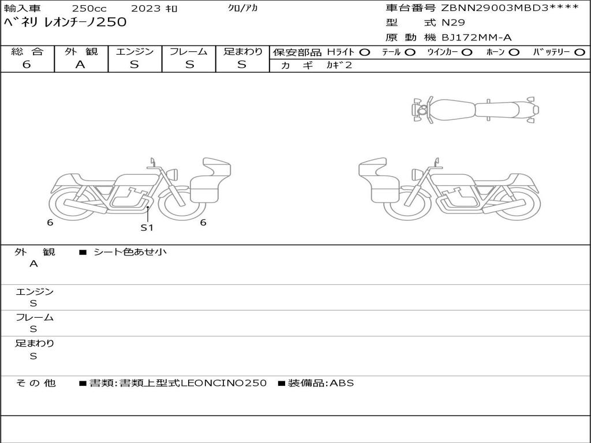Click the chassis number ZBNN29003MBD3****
(510, 8)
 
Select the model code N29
(453, 22)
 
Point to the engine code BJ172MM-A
(476, 37)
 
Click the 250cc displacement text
(89, 8)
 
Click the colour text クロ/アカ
(243, 8)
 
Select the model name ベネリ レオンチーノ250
(65, 22)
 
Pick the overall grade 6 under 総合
(27, 65)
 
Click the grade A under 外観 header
(80, 65)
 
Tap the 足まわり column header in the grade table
(242, 51)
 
